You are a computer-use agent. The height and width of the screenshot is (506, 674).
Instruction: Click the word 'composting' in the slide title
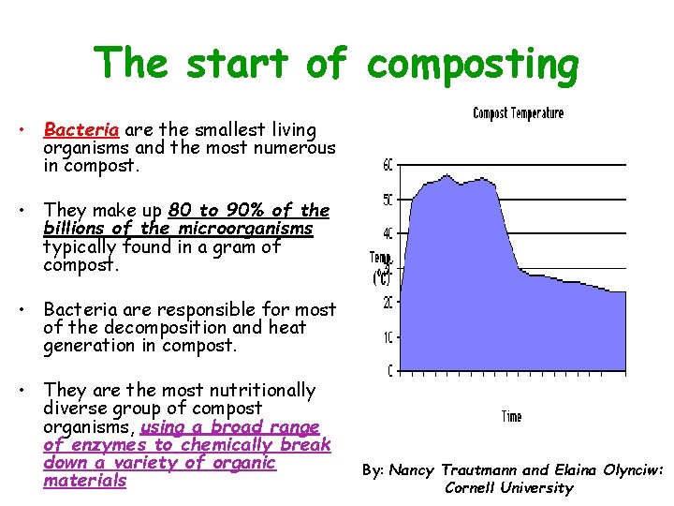pyautogui.click(x=473, y=66)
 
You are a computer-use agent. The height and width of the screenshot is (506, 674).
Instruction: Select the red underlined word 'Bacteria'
pyautogui.click(x=75, y=129)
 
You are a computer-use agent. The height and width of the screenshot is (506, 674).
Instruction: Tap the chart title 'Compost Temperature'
pyautogui.click(x=518, y=113)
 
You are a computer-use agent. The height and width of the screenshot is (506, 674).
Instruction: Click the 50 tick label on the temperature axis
pyautogui.click(x=388, y=200)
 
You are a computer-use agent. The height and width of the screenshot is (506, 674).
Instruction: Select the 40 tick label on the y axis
pyautogui.click(x=388, y=234)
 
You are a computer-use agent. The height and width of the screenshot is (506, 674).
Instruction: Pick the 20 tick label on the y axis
pyautogui.click(x=388, y=303)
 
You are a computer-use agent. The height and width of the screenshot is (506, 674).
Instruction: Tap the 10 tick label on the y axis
pyautogui.click(x=388, y=336)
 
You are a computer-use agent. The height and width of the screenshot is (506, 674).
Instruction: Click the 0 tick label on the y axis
pyautogui.click(x=390, y=371)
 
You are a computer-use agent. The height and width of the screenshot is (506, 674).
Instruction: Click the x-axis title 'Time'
pyautogui.click(x=511, y=416)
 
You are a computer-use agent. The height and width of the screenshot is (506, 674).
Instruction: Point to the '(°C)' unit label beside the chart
pyautogui.click(x=382, y=277)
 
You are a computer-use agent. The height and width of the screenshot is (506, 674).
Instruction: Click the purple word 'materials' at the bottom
pyautogui.click(x=84, y=481)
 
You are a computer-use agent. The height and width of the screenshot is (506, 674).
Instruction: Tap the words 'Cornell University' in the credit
pyautogui.click(x=508, y=487)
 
